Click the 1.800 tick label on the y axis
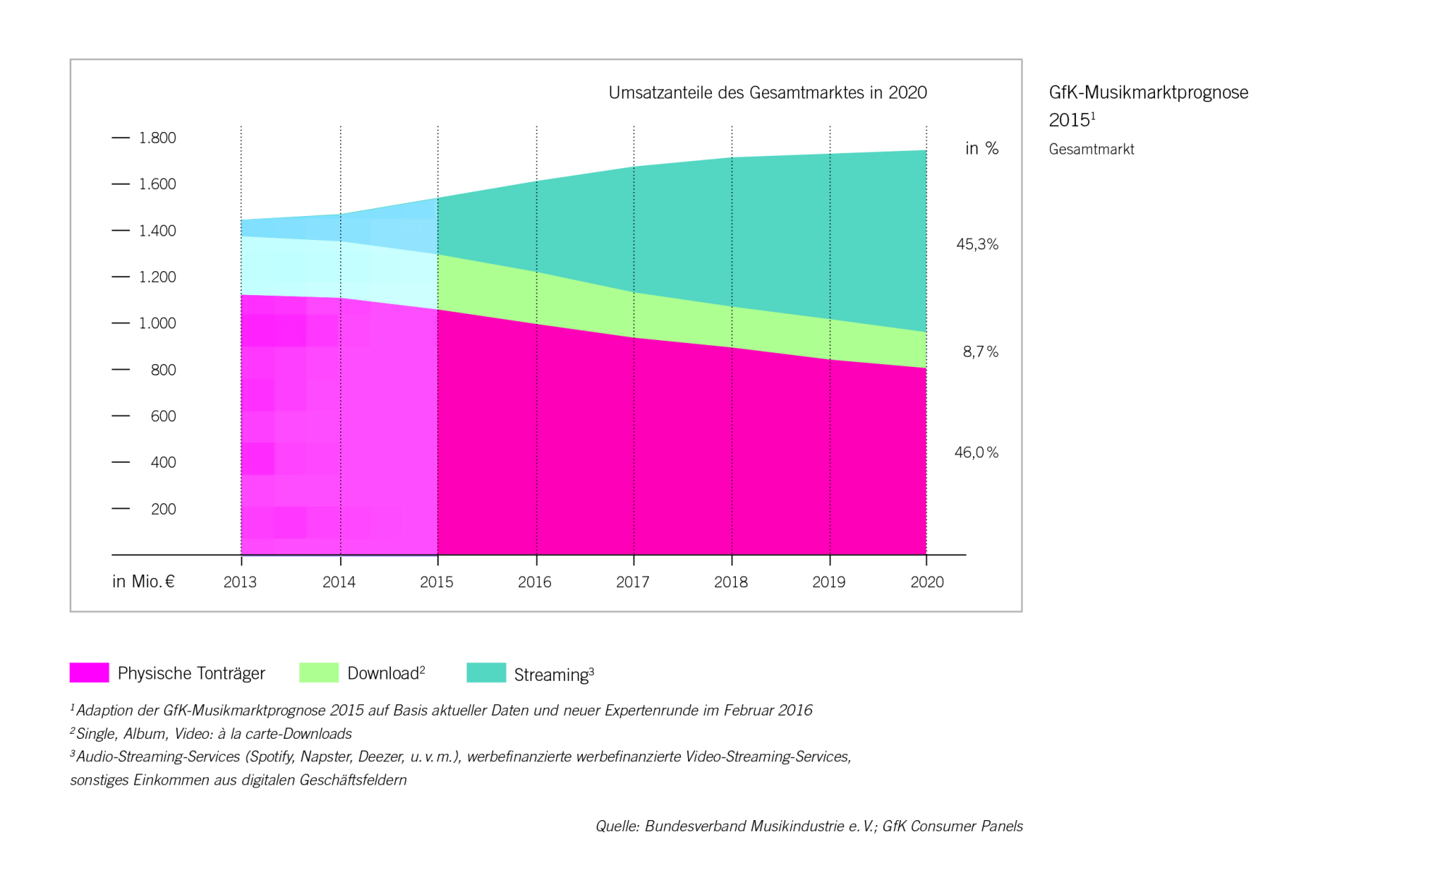[x=157, y=138]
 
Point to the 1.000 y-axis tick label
[x=157, y=323]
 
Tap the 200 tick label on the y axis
[x=163, y=509]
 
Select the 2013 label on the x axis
[x=240, y=582]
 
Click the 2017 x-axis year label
[x=633, y=582]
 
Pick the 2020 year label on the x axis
[x=927, y=582]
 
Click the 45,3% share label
[x=977, y=244]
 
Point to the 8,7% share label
[x=980, y=352]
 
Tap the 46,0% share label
[x=977, y=452]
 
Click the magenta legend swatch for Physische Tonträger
[x=89, y=672]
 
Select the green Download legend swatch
[x=319, y=672]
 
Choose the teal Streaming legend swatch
[x=486, y=672]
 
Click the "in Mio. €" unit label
[x=144, y=582]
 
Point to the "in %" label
[x=982, y=149]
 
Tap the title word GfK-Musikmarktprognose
[x=1148, y=93]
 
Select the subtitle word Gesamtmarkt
[x=1091, y=149]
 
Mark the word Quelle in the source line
[x=617, y=827]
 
